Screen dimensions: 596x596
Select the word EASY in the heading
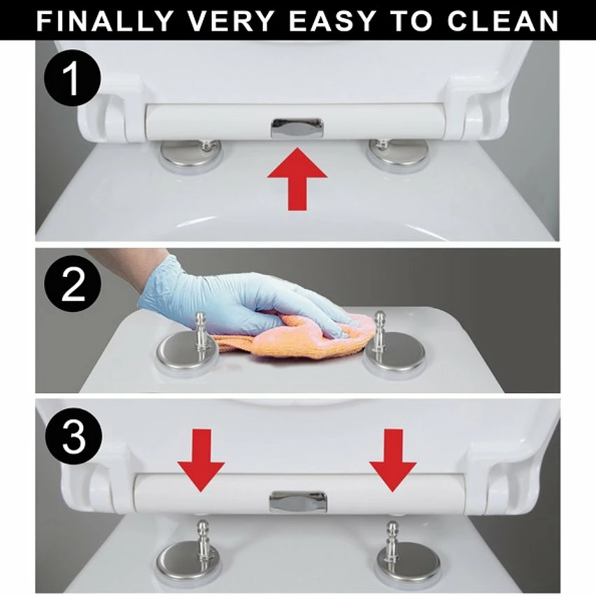click(332, 21)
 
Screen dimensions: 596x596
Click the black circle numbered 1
click(73, 78)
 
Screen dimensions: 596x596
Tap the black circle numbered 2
click(73, 284)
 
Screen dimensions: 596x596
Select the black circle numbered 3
click(73, 436)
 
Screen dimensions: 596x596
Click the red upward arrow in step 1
click(297, 179)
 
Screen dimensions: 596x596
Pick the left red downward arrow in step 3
click(201, 460)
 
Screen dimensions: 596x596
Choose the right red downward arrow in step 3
click(393, 460)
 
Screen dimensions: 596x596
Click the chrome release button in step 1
click(297, 128)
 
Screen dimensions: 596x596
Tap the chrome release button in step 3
click(298, 502)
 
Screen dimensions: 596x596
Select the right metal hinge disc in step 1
click(397, 155)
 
